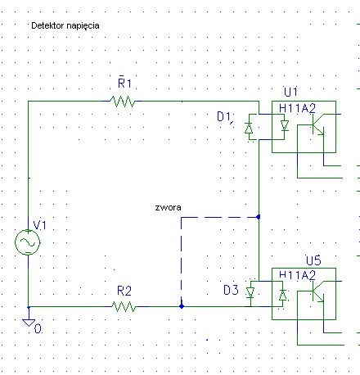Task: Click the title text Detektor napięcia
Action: tap(65, 25)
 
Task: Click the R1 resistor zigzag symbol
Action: tap(123, 102)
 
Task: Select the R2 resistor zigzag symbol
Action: tap(124, 306)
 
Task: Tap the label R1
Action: tap(124, 84)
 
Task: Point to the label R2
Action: tap(124, 291)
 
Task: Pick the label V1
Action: tap(39, 225)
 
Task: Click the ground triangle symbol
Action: tap(29, 323)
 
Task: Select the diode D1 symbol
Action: tap(249, 128)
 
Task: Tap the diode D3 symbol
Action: tap(250, 293)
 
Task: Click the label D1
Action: tap(224, 117)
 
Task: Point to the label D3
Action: tap(231, 290)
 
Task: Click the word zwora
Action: tap(168, 207)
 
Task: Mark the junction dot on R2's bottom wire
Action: tap(182, 306)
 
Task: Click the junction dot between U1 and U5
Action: tap(259, 217)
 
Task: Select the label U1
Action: tap(290, 92)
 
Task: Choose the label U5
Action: tap(313, 260)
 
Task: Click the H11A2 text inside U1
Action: tap(297, 109)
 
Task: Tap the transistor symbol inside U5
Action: tap(318, 291)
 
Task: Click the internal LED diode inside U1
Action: tap(285, 126)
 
